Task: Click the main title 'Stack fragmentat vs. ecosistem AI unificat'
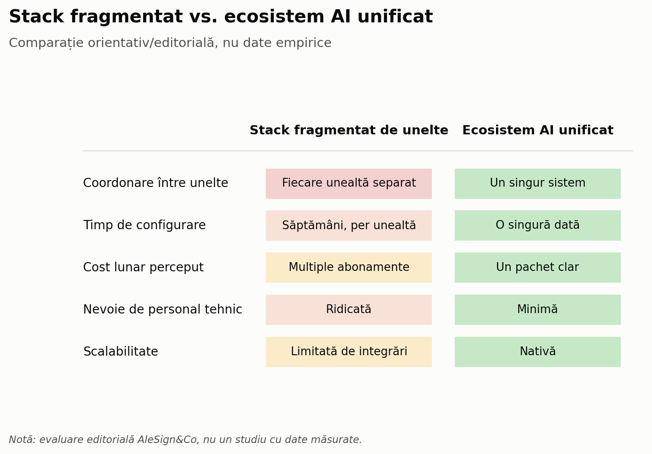(221, 17)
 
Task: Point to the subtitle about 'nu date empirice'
(170, 43)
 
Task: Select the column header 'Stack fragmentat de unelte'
(349, 130)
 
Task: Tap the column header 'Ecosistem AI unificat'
(538, 130)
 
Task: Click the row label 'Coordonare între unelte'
(156, 183)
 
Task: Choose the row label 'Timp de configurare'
(145, 225)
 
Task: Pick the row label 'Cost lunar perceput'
(143, 267)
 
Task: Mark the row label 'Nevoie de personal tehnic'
(163, 309)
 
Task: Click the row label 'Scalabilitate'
(120, 351)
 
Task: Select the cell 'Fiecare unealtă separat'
(349, 184)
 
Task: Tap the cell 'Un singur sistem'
(538, 184)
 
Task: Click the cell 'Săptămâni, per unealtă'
(349, 225)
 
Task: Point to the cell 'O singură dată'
(538, 225)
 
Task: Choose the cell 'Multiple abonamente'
(349, 267)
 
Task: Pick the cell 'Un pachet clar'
(538, 267)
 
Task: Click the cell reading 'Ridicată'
(349, 310)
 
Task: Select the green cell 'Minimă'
(538, 310)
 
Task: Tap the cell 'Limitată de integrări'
(349, 352)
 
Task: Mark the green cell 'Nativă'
(538, 352)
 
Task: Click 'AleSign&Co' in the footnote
(169, 440)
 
